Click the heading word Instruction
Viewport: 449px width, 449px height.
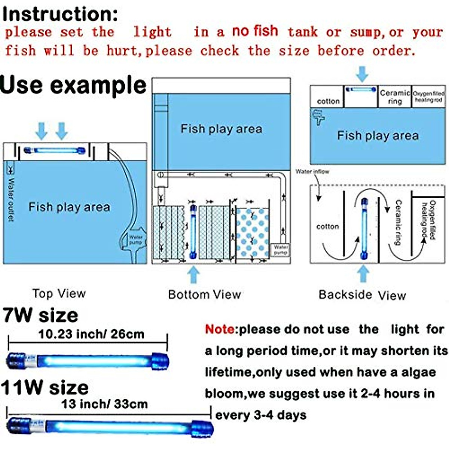tap(60, 14)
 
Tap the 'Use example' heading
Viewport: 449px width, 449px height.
tap(73, 85)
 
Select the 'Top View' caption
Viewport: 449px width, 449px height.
tap(59, 294)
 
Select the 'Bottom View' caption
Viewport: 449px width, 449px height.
tap(205, 294)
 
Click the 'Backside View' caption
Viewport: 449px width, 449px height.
tap(362, 295)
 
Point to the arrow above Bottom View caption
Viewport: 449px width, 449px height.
tap(193, 275)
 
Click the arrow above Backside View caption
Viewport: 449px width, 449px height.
tap(363, 274)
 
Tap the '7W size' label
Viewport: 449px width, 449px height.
tap(40, 315)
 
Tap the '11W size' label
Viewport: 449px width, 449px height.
tap(45, 387)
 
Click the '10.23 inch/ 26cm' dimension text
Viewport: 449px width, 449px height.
tap(91, 334)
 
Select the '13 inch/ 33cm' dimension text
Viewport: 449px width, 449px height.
tap(105, 404)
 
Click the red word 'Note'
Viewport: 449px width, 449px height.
tap(220, 330)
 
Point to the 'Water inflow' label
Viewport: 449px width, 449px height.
tap(312, 172)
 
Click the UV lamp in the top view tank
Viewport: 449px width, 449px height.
tap(55, 151)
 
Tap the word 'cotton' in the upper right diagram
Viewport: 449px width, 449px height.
tap(328, 101)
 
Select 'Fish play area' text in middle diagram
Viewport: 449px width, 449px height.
tap(221, 129)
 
